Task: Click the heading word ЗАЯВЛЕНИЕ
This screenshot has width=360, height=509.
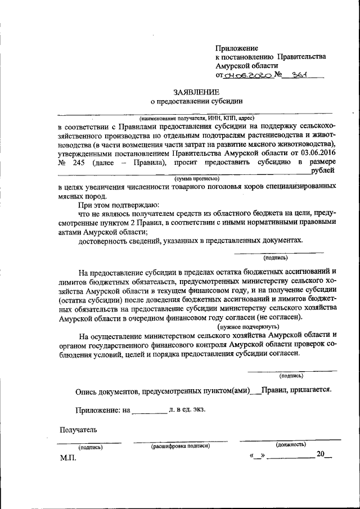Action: (x=196, y=92)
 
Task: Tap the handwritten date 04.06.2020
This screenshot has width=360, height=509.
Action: (x=247, y=75)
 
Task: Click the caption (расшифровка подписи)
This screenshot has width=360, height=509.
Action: (x=181, y=446)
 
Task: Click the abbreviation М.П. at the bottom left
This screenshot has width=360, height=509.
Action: (x=67, y=458)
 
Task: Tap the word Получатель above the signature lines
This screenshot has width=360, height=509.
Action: (x=78, y=430)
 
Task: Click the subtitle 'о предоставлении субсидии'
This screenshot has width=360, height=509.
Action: (x=196, y=102)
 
